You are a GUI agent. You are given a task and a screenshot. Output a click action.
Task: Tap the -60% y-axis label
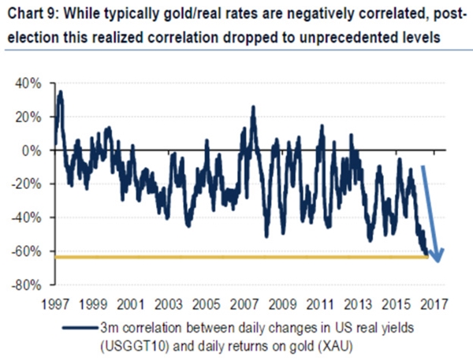32,251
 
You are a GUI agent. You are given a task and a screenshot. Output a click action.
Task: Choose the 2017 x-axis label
434,303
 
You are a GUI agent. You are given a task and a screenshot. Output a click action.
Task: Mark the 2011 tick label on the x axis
320,303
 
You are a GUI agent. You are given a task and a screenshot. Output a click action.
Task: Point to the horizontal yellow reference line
236,257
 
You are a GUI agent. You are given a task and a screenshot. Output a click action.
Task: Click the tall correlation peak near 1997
60,93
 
